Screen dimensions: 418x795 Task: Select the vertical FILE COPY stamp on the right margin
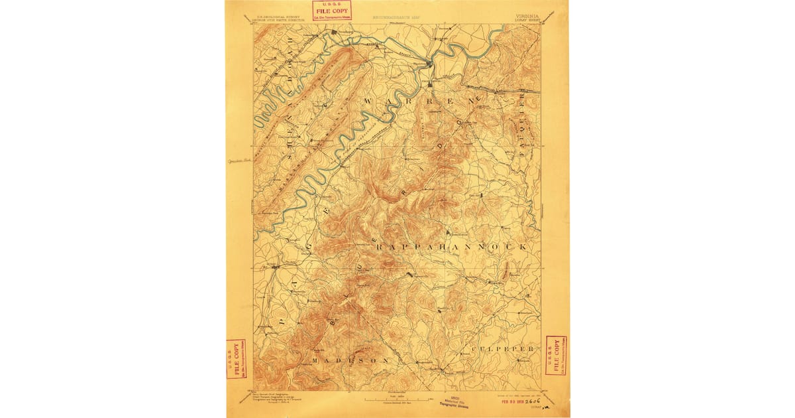pyautogui.click(x=556, y=354)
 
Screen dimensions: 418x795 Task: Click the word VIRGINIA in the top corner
pyautogui.click(x=527, y=15)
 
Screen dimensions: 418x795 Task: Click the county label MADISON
pyautogui.click(x=350, y=360)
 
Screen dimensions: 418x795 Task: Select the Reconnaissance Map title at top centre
pyautogui.click(x=396, y=15)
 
